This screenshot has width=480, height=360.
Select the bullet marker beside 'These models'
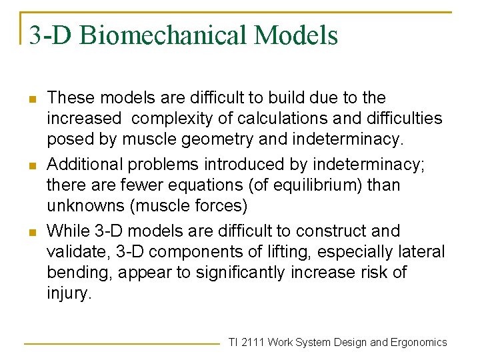coord(31,98)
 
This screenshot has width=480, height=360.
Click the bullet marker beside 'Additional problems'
coord(31,165)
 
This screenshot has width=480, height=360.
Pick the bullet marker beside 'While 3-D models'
coord(31,231)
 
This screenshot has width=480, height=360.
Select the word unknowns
coord(87,205)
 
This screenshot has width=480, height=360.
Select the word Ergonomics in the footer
coord(419,342)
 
